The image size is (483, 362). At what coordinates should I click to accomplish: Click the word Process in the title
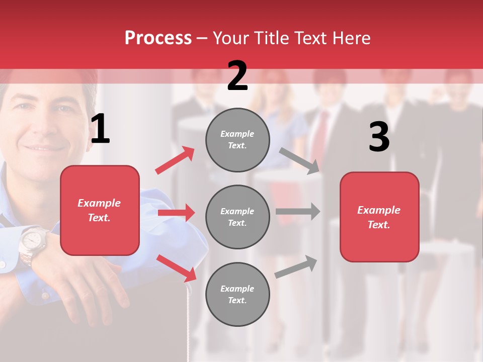(158, 38)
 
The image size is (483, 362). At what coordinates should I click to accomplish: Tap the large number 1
(100, 129)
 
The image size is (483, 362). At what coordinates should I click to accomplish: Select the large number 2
(237, 76)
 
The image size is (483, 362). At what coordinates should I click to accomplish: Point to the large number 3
(379, 137)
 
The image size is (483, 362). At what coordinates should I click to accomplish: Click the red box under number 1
(100, 210)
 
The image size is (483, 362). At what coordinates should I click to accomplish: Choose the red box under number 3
(379, 217)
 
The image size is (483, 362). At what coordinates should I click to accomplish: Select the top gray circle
(237, 140)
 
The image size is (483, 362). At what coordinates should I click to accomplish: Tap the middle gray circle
(237, 217)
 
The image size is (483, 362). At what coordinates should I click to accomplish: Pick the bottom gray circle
(237, 294)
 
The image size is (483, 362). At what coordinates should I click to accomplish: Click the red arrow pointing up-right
(175, 160)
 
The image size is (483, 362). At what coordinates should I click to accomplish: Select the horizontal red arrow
(176, 213)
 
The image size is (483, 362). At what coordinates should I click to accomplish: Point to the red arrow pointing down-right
(177, 267)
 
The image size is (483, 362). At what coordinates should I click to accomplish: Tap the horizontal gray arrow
(298, 211)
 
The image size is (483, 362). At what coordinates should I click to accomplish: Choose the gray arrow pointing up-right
(296, 266)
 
